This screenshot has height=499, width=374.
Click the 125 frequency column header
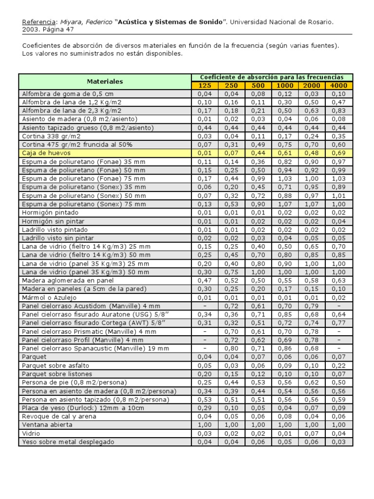point(205,86)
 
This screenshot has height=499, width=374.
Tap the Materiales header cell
point(105,81)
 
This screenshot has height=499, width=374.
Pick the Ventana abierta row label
point(47,425)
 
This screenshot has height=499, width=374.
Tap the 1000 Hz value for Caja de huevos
point(285,154)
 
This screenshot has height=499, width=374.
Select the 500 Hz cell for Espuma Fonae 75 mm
point(258,179)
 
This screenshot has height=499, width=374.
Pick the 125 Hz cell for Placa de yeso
point(205,408)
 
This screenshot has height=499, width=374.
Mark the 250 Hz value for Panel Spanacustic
point(231,348)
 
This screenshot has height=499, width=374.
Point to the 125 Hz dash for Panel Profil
point(205,340)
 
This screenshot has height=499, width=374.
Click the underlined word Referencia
point(39,22)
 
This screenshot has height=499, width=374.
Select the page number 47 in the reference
point(69,30)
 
